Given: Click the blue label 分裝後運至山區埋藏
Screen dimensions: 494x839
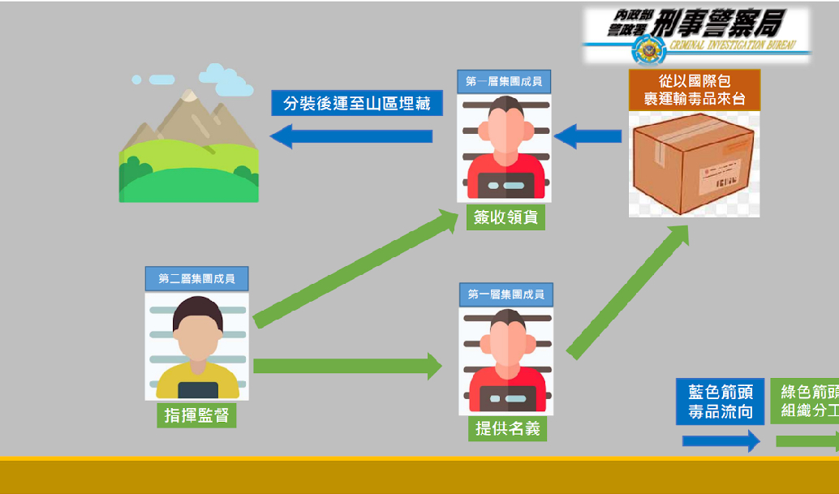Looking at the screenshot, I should click(357, 103).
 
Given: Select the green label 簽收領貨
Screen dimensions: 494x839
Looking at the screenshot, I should click(505, 217).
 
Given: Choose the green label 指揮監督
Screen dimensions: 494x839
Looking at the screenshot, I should click(196, 415).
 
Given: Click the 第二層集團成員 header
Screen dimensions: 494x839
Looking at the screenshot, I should click(196, 278).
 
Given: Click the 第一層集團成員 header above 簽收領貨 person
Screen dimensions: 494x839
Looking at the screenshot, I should click(504, 81).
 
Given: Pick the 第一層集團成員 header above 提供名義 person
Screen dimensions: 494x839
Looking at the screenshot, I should click(506, 294).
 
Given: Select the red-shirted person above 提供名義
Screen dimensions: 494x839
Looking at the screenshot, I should click(506, 361).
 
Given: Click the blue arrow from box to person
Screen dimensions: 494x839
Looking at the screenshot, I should click(587, 135).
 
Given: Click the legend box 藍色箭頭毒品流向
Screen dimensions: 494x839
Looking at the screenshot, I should click(720, 402).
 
